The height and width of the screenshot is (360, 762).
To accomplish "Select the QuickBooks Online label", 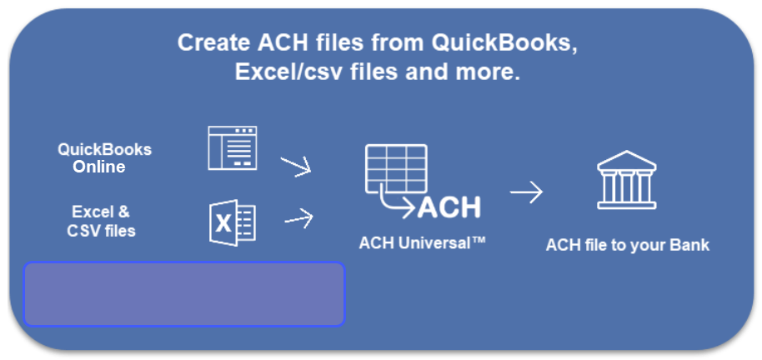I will click(x=104, y=157).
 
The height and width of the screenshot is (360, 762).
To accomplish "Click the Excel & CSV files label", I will click(x=101, y=221).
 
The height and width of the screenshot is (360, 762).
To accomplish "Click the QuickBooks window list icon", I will click(x=233, y=147).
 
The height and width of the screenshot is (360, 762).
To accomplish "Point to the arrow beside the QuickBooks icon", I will click(x=295, y=166).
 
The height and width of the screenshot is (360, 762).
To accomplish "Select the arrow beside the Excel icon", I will click(x=298, y=219).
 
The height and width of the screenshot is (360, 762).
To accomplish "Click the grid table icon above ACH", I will click(x=395, y=170).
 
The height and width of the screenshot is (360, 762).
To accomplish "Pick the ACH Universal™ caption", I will click(x=422, y=243).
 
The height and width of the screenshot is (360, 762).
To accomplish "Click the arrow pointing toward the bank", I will click(x=526, y=192).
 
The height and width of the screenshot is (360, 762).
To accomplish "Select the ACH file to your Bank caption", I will click(x=627, y=246).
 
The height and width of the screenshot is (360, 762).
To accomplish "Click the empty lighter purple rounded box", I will click(x=184, y=293).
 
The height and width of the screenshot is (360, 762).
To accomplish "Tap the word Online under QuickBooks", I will click(x=98, y=167).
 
